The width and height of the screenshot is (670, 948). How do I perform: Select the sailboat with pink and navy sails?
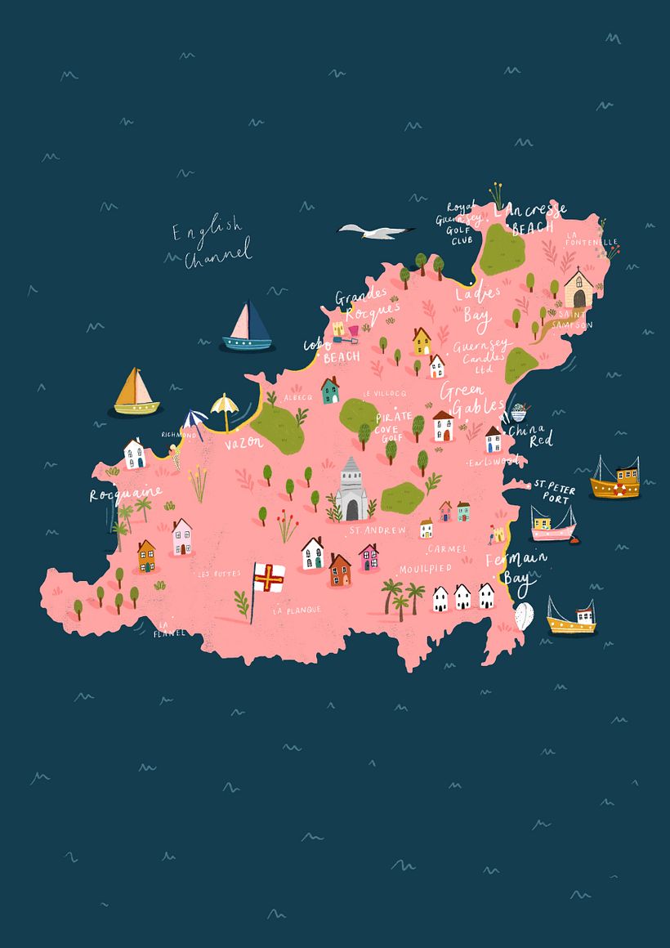click(x=248, y=327)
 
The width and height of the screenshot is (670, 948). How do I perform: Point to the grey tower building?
click(x=352, y=490)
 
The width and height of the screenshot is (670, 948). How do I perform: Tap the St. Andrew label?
click(x=377, y=530)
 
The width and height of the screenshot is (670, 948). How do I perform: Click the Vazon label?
click(x=243, y=442)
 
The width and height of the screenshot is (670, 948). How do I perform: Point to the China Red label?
click(x=535, y=434)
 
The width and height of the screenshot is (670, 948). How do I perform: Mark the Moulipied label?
click(x=423, y=568)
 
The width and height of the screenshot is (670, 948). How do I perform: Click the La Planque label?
click(x=297, y=610)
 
